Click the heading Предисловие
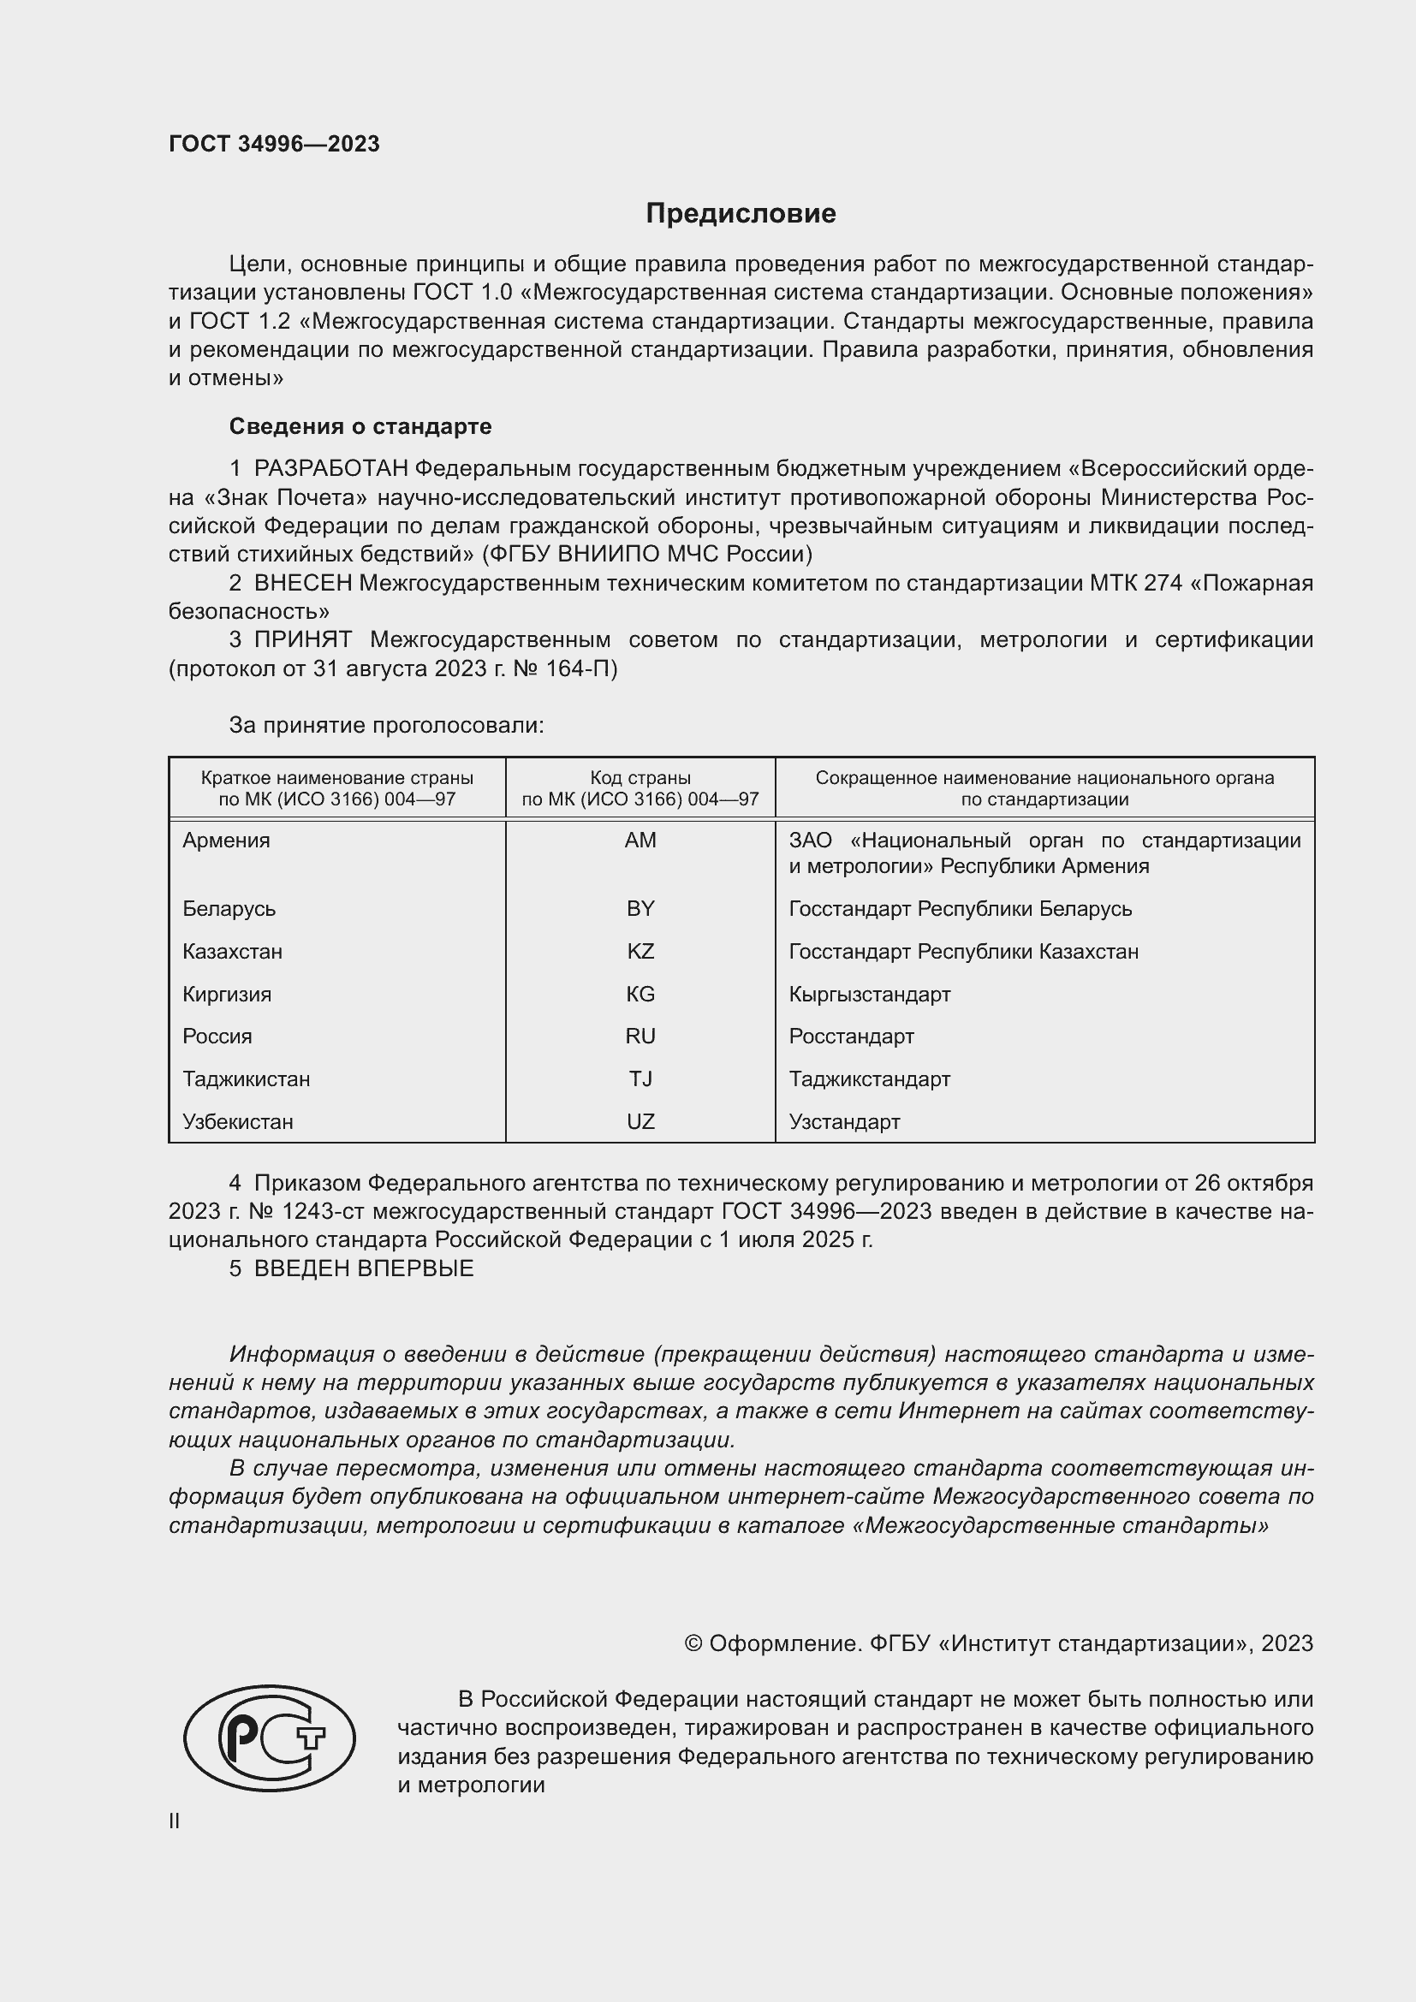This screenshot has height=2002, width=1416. [x=741, y=214]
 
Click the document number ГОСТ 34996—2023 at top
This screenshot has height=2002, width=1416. [x=274, y=144]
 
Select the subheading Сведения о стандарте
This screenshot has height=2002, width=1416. [x=360, y=426]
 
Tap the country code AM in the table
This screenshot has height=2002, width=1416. [x=640, y=841]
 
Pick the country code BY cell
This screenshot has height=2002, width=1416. [x=640, y=909]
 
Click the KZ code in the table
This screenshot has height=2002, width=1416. [x=640, y=951]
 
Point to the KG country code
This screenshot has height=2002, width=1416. [x=640, y=994]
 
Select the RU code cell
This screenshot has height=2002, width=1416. [x=640, y=1036]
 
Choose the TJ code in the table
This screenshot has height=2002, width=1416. [x=640, y=1078]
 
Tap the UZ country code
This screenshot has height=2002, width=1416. [x=640, y=1121]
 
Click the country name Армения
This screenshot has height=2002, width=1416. [x=226, y=841]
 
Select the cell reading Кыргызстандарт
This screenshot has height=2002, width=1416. [x=869, y=994]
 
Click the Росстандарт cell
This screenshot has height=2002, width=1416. [x=851, y=1036]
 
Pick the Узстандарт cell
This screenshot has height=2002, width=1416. [x=844, y=1121]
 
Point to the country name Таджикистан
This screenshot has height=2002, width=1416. [x=246, y=1078]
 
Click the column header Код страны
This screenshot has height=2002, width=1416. [x=640, y=778]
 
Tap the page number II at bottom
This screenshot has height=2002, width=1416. [x=175, y=1821]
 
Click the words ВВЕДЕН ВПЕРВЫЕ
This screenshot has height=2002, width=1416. [x=364, y=1268]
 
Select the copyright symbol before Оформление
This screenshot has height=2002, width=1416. [x=693, y=1643]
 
